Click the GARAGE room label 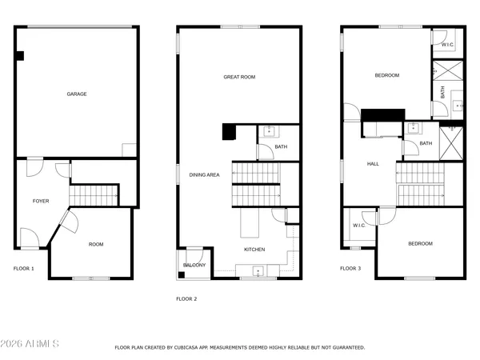coord(77,94)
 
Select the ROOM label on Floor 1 coord(96,244)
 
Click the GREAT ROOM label coord(238,77)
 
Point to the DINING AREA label coord(204,174)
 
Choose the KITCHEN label coord(254,250)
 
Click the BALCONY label coord(194,265)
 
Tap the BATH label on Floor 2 coord(281,146)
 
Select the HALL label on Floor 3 coord(373,164)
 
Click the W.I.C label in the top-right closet coord(448,45)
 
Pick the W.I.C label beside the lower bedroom coord(359,225)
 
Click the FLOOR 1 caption coord(24,269)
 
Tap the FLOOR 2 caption coord(186,298)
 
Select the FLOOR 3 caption coord(350,269)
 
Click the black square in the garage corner coord(20,56)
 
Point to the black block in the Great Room coord(229,131)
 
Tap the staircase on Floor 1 coord(94,194)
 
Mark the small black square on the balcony coord(182,275)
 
